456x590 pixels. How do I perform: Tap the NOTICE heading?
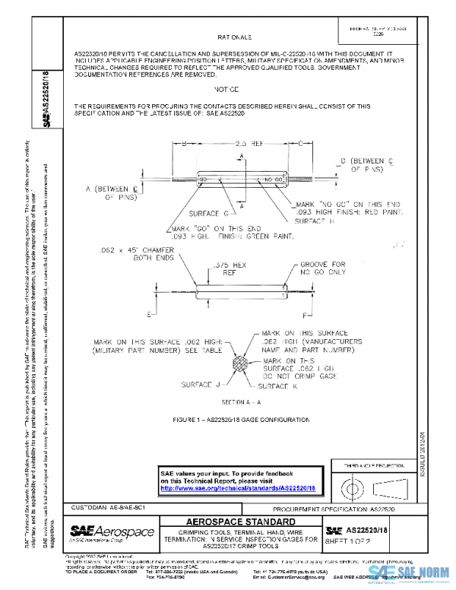click(x=233, y=90)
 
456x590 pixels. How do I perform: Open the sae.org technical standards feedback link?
click(x=238, y=487)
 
